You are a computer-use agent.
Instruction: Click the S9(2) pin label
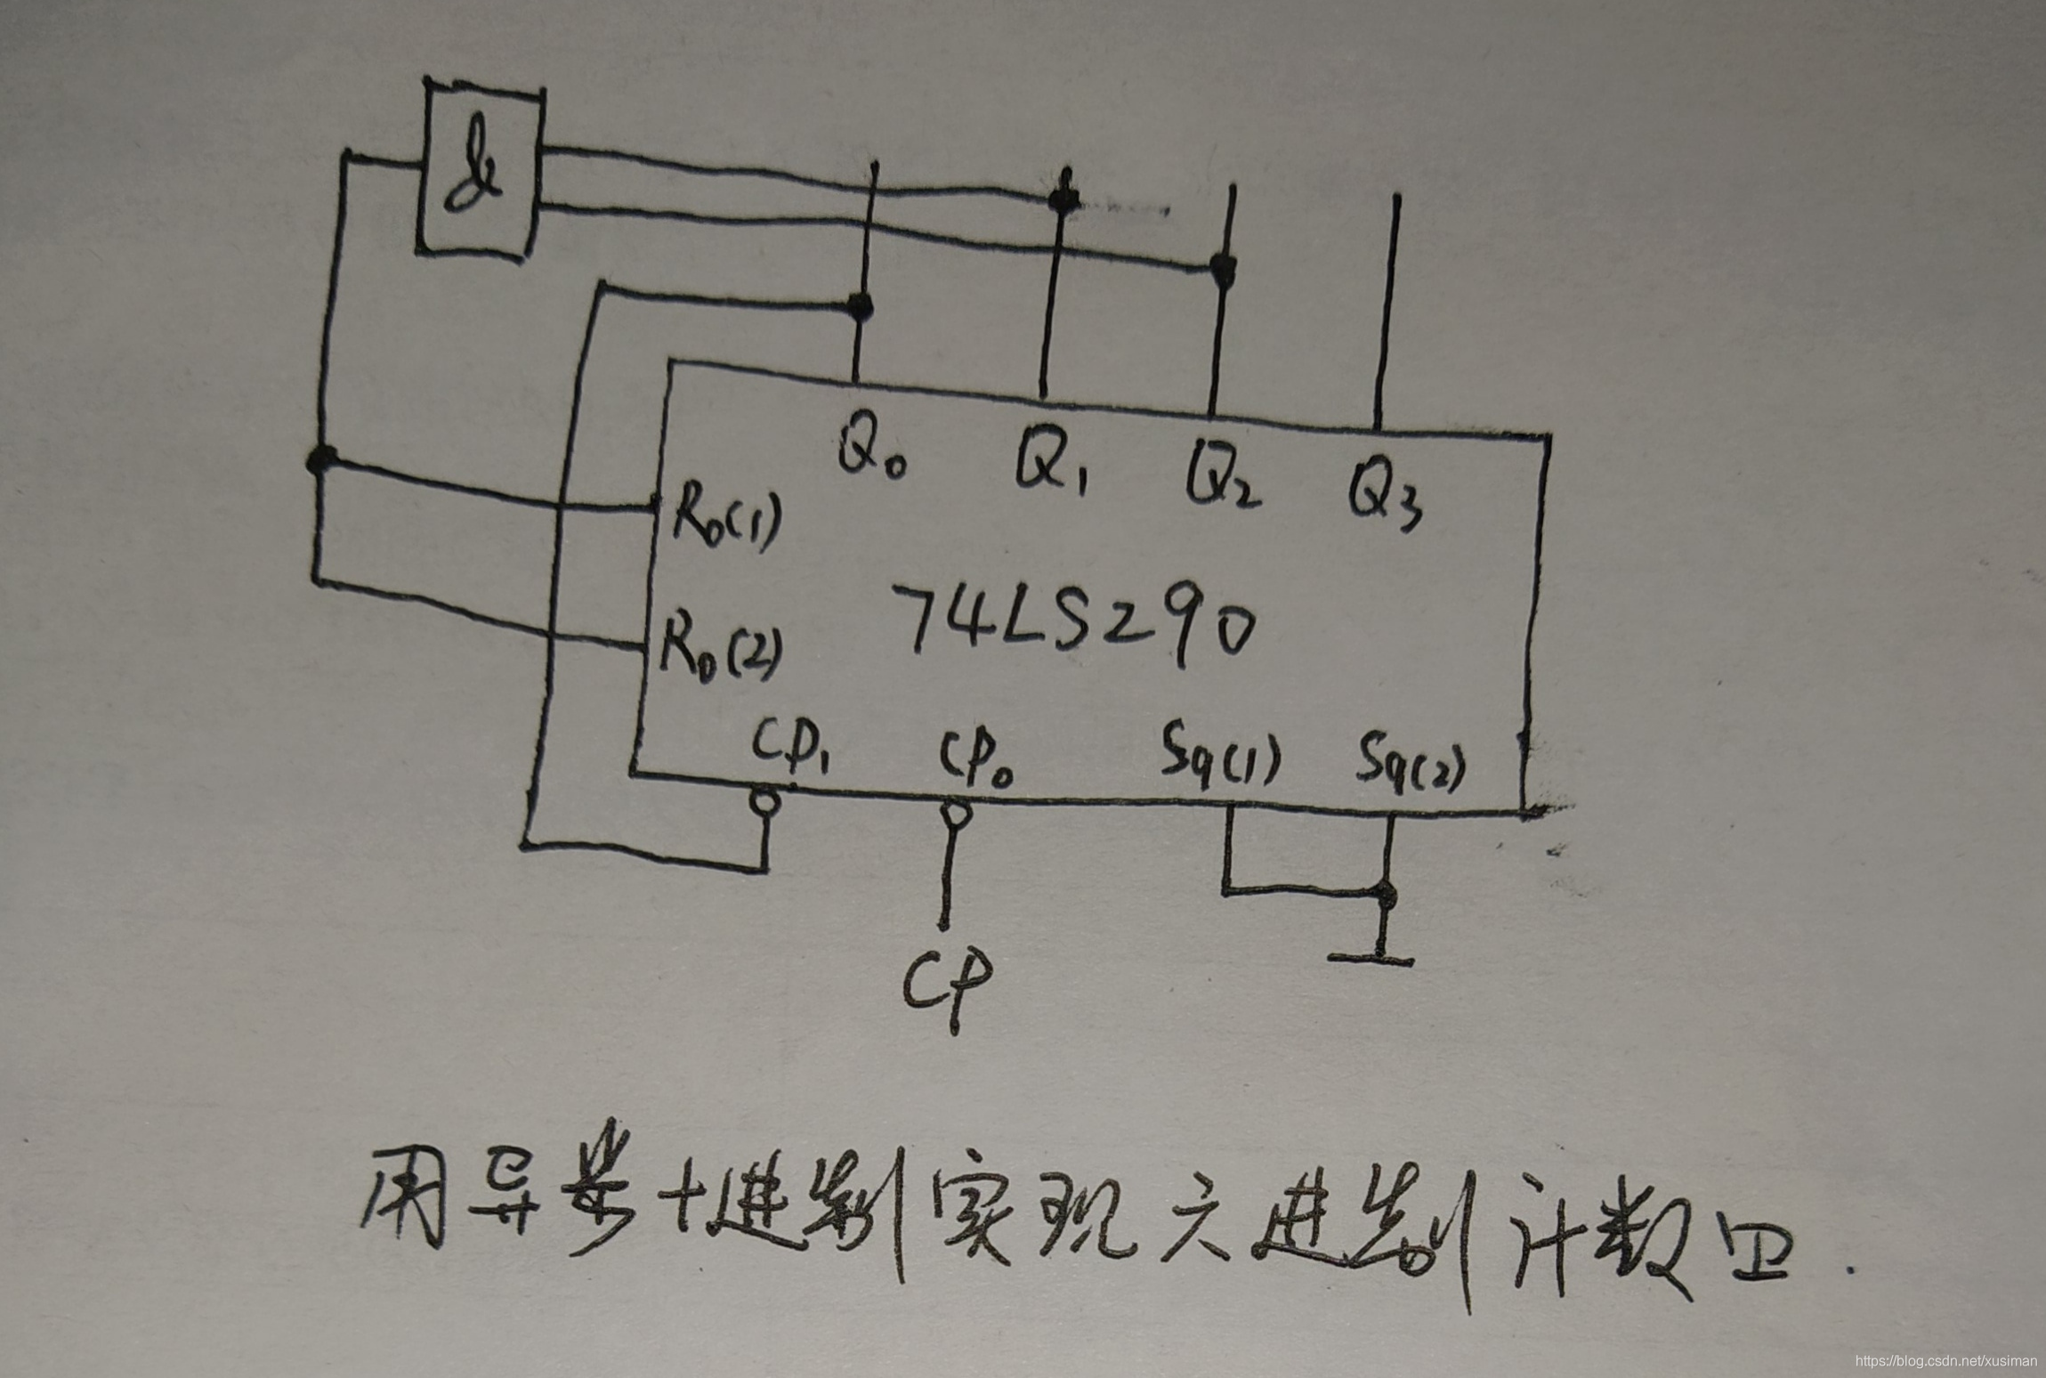1410,766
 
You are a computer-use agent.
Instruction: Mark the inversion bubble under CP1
765,802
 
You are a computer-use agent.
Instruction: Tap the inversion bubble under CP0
954,814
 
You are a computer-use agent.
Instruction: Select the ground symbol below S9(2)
1371,958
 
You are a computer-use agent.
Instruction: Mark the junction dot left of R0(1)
321,459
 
